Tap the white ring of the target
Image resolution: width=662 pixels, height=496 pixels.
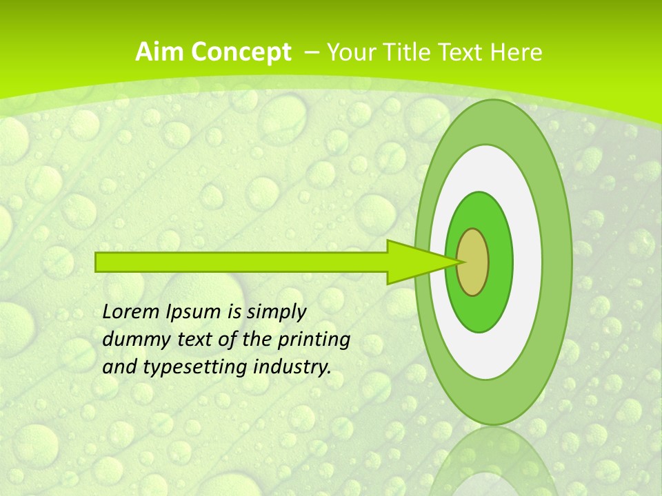pos(527,262)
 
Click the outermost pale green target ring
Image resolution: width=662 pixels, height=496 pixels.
pos(556,262)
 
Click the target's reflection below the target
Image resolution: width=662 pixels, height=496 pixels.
pos(493,462)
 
